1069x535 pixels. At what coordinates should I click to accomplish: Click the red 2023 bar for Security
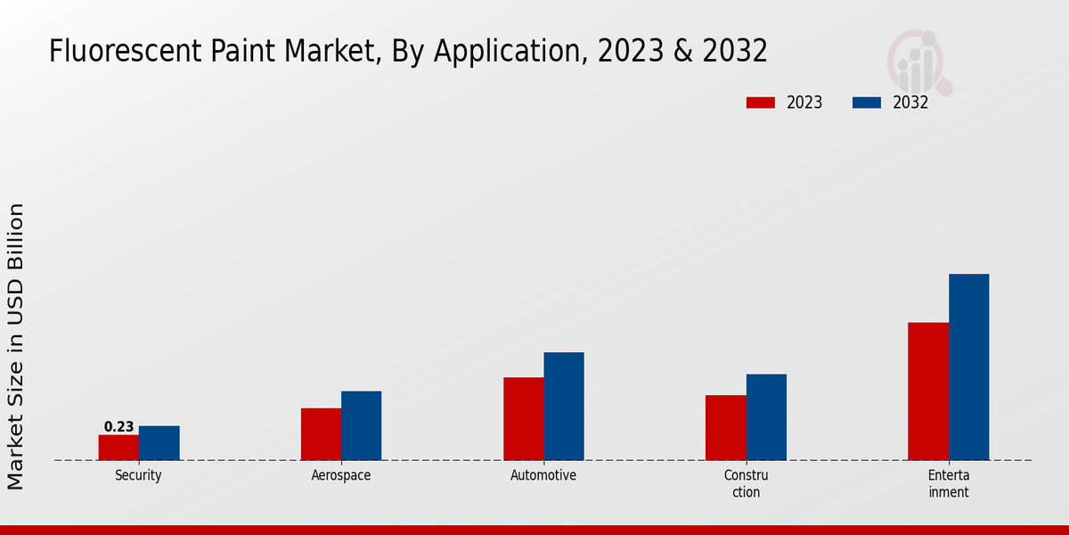pos(118,448)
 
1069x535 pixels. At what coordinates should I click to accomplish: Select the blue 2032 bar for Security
pos(159,443)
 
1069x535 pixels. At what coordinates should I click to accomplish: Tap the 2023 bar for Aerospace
pos(321,434)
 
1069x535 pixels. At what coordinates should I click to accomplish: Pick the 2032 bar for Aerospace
pos(361,425)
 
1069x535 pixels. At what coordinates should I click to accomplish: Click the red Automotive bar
pos(523,419)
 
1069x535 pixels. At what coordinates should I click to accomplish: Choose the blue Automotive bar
pos(564,407)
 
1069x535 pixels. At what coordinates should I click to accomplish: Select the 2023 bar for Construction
pos(725,428)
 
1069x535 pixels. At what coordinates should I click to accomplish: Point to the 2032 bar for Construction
pos(766,417)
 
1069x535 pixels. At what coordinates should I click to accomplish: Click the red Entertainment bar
pos(928,391)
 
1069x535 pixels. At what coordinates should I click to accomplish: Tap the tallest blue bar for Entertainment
pos(968,367)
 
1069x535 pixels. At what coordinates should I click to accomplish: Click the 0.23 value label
pos(118,427)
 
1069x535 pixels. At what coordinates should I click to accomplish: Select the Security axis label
pos(138,476)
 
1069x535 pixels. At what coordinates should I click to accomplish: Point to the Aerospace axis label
pos(341,476)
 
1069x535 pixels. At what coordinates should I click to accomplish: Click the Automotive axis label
pos(543,476)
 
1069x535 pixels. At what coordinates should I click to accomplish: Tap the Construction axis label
pos(746,484)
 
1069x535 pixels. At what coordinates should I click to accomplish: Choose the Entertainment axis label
pos(948,484)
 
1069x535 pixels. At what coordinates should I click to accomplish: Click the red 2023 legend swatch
pos(760,103)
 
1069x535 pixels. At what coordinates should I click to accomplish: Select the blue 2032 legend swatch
pos(866,103)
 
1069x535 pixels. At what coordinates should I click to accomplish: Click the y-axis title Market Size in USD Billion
pos(16,346)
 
